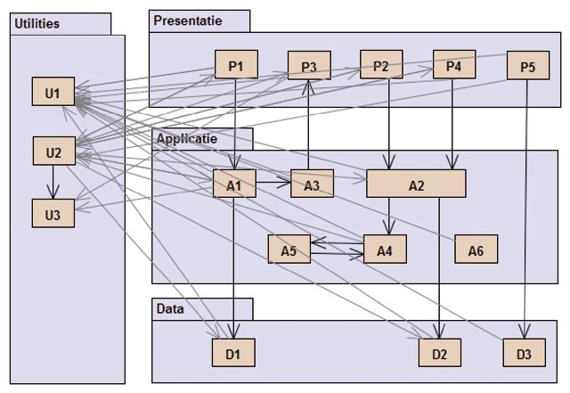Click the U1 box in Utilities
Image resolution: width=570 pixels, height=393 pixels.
point(53,93)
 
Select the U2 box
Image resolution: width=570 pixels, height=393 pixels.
point(53,152)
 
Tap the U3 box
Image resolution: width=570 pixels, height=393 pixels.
point(53,214)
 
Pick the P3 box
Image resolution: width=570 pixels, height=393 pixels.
point(308,66)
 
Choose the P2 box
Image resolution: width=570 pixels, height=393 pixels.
point(381,65)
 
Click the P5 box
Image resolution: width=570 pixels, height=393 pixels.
point(528,66)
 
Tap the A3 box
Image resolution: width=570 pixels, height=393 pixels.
point(312,184)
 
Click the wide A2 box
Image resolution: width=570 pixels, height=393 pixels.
point(416,184)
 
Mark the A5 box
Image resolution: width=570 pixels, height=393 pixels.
point(289,250)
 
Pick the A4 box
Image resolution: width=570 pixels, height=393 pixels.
point(385,250)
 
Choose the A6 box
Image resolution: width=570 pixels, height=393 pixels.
point(476,250)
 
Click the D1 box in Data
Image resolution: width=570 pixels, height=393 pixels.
point(233,354)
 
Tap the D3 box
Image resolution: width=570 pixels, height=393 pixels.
point(524,354)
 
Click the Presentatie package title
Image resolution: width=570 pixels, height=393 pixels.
point(188,20)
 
